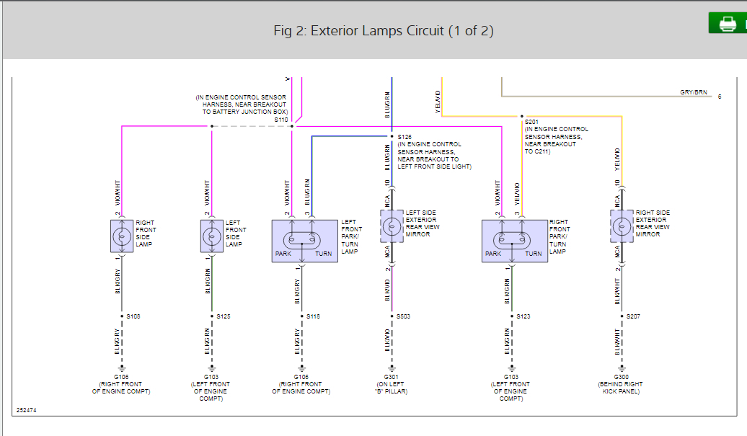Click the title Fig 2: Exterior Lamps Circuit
[383, 31]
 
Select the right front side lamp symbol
[122, 236]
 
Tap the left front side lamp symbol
[212, 236]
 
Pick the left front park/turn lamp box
[304, 241]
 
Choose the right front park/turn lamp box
[514, 241]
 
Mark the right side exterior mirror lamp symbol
[622, 227]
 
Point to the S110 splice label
[281, 120]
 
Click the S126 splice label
[405, 136]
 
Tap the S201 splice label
[532, 122]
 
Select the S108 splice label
[133, 316]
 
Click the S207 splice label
[633, 316]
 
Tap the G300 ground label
[621, 377]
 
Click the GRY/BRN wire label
[693, 92]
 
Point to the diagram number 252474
[26, 411]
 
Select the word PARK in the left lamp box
[283, 254]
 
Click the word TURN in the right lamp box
[534, 254]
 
